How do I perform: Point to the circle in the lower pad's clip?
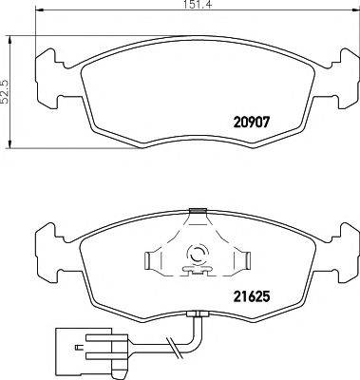(199, 254)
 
